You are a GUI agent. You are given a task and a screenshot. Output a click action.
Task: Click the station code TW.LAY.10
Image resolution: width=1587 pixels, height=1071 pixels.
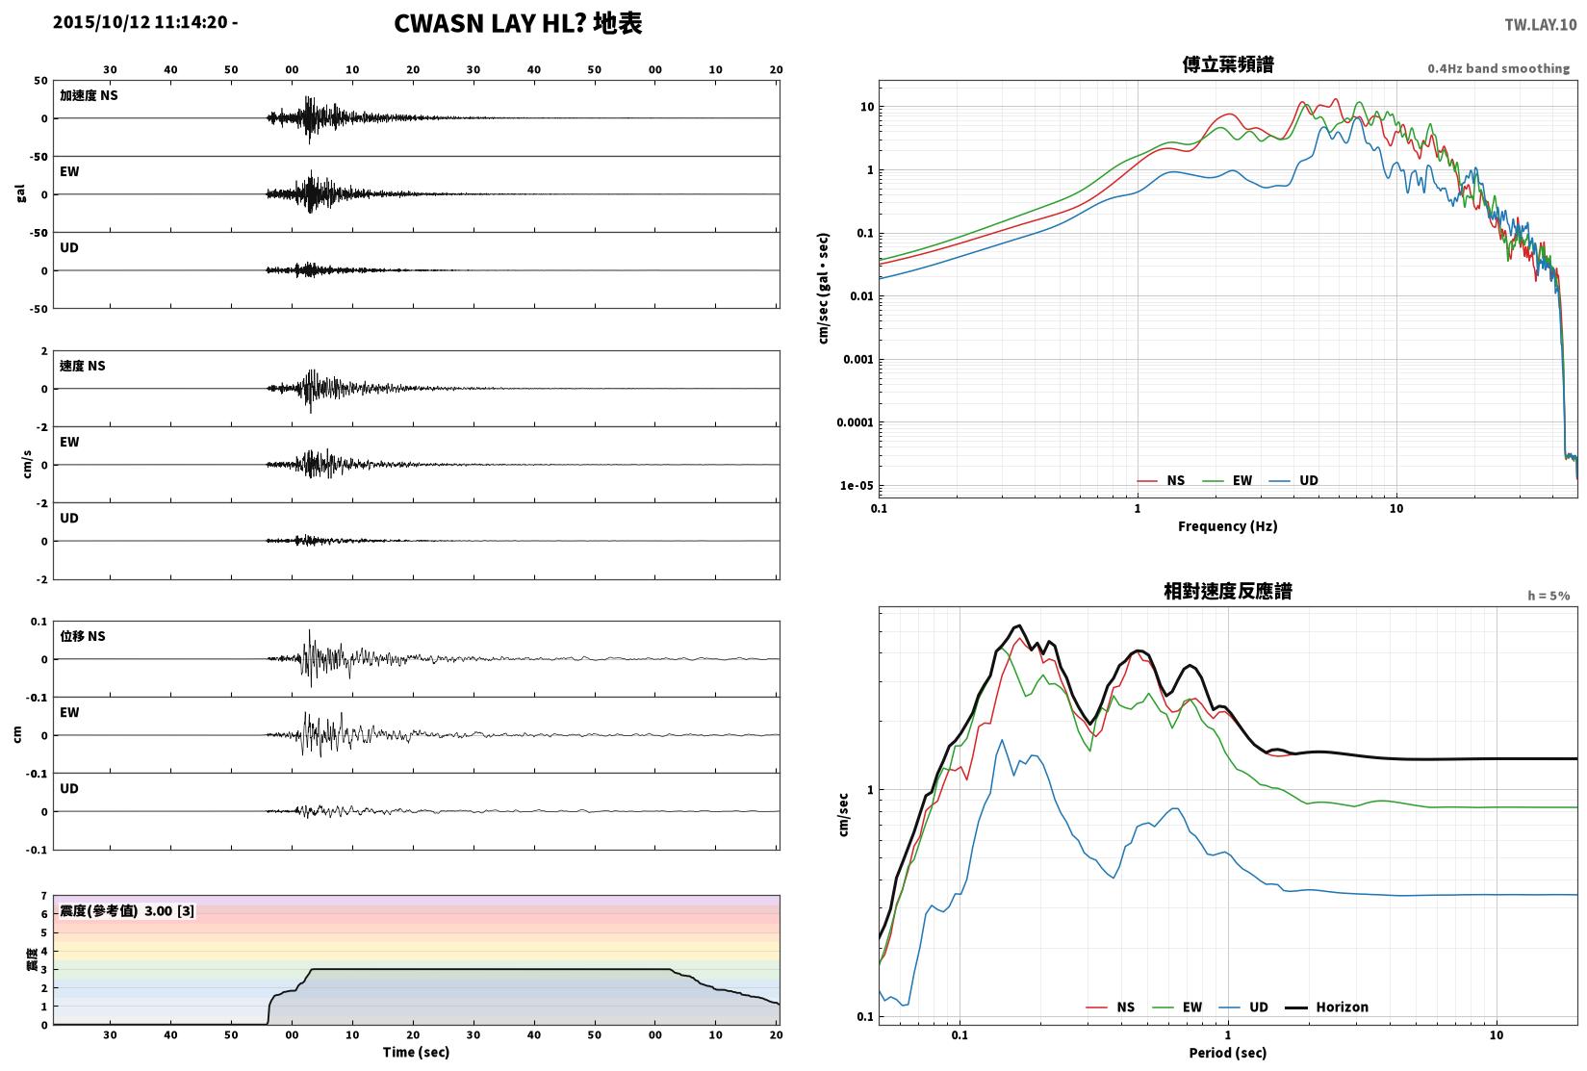[1540, 25]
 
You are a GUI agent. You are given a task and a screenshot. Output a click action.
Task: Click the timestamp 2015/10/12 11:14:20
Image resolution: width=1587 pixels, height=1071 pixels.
[141, 22]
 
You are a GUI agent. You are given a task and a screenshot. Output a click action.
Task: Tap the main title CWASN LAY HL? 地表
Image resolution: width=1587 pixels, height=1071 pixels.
[518, 23]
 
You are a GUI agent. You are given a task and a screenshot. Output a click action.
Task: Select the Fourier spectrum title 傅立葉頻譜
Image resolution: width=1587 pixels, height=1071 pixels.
[1227, 64]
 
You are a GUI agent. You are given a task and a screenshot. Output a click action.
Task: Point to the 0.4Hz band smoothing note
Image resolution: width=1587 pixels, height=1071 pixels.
[1498, 68]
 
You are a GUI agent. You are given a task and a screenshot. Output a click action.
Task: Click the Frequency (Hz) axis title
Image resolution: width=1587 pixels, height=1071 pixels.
[1227, 526]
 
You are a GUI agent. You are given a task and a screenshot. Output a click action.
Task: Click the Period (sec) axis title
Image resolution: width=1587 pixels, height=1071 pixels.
[1227, 1053]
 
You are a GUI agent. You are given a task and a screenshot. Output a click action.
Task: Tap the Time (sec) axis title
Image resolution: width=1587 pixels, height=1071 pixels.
[416, 1052]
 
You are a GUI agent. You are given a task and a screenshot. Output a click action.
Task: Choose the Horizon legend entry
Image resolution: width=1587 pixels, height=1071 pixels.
[1326, 1007]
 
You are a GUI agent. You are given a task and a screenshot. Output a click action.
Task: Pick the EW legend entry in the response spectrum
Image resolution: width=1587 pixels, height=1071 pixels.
[1177, 1007]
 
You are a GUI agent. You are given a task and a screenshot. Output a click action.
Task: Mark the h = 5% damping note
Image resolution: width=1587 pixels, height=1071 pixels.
[1549, 596]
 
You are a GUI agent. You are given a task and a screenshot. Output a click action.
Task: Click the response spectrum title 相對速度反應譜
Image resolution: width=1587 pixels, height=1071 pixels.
[1227, 592]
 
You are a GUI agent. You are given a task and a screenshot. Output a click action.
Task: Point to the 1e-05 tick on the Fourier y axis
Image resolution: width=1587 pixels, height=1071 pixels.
[856, 486]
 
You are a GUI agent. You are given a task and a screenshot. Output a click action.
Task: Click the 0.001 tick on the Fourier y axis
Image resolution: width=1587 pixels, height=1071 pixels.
[857, 360]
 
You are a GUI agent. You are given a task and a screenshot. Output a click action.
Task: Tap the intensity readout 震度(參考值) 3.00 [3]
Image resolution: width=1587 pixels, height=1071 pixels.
[127, 911]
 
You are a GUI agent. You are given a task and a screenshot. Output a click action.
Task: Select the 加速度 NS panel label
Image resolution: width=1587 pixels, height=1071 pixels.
[89, 95]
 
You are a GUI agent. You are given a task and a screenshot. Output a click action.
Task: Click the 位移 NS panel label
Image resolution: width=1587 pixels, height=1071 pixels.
[82, 636]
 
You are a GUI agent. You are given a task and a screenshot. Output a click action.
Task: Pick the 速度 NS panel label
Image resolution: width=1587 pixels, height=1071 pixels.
[82, 366]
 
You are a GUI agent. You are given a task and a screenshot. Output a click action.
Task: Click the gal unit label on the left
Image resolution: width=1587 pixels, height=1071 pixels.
[20, 194]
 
